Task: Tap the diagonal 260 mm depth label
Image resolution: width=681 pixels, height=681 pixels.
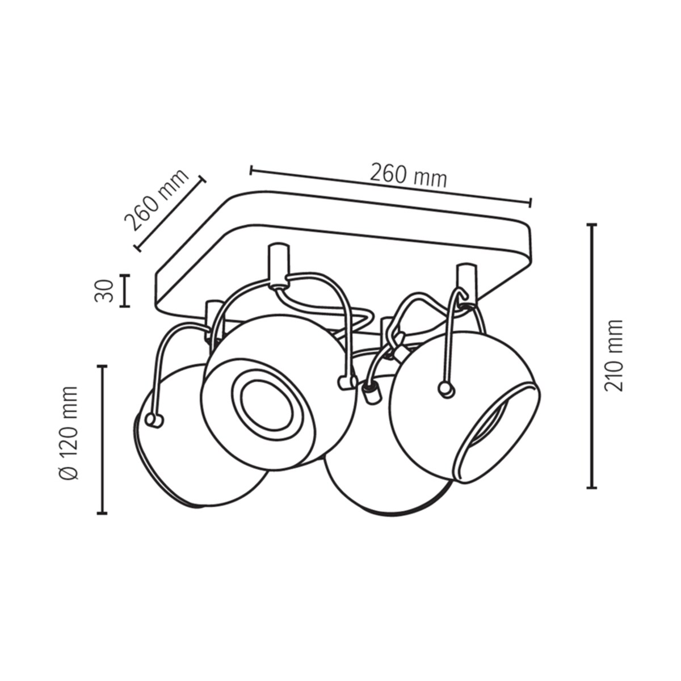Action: (156, 200)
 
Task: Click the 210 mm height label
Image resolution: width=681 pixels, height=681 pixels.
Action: (613, 355)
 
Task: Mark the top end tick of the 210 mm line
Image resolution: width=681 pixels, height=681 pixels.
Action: (592, 226)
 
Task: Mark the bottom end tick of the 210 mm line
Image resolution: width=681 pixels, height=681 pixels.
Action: (592, 487)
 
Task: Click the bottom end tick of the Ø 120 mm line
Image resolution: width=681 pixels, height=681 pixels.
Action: (102, 513)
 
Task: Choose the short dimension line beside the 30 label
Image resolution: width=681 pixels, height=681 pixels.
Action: (125, 291)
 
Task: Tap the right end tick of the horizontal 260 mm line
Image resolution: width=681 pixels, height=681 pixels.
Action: (530, 202)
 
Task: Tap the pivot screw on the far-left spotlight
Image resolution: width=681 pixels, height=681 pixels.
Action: (153, 419)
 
